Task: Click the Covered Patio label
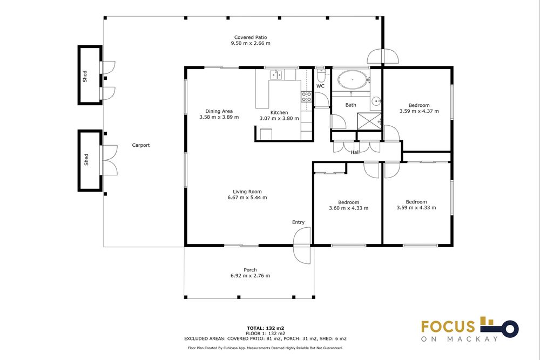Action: coord(251,37)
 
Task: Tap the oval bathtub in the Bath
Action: coord(352,79)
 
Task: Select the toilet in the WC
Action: coord(321,75)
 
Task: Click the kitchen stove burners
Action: coord(307,97)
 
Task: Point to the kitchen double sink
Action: coord(275,74)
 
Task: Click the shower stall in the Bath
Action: coord(369,121)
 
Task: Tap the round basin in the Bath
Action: coord(376,101)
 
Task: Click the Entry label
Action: coord(298,222)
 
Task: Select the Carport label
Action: coord(141,145)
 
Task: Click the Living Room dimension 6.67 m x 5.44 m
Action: coord(247,198)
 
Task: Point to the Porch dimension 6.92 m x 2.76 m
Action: coord(251,276)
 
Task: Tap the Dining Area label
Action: coord(219,111)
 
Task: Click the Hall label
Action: coord(355,152)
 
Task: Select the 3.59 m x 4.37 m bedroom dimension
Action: coord(419,111)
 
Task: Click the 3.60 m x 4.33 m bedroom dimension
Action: coord(348,208)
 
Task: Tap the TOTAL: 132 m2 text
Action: coord(265,328)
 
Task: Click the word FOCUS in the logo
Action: coord(448,327)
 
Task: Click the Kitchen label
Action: coord(279,113)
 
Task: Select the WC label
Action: coord(320,86)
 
